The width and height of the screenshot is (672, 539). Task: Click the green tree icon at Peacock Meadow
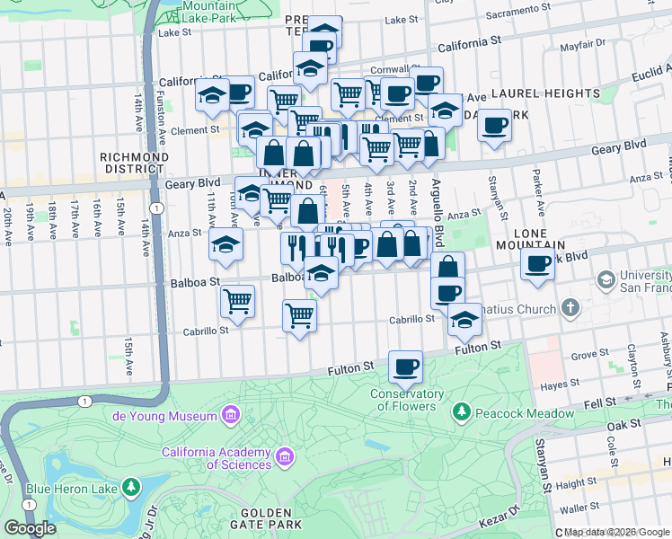point(462,412)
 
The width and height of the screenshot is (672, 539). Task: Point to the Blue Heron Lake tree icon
point(132,488)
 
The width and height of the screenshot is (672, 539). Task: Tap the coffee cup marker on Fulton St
point(404,367)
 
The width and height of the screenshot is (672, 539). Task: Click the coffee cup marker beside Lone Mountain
point(538,265)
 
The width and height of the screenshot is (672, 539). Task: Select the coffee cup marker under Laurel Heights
point(493,126)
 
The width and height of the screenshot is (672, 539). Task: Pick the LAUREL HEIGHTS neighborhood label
point(544,93)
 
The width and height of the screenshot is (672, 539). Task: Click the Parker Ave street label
point(536,190)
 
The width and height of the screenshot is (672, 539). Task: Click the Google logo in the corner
point(31,528)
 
